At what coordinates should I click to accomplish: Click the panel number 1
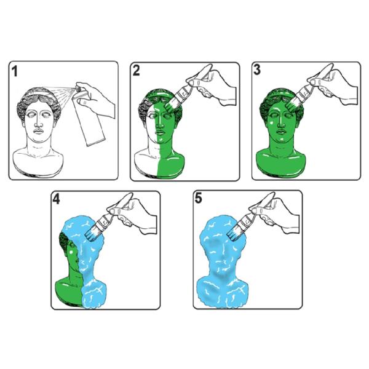pos(15,71)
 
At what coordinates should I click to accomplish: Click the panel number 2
pos(137,71)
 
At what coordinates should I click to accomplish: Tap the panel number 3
pos(257,69)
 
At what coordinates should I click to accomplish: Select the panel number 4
pos(56,199)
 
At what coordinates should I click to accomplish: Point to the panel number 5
pos(199,198)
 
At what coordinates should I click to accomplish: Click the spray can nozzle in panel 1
pos(77,89)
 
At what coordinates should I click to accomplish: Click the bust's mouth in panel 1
pos(38,131)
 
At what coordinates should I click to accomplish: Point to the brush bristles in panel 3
pos(292,104)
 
